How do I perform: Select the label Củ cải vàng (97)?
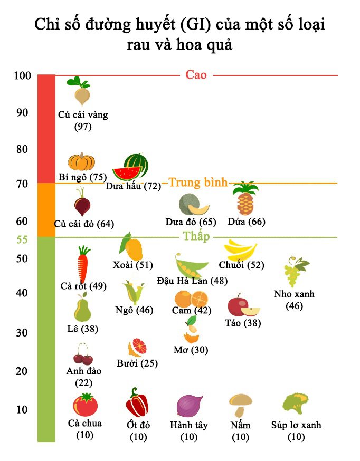click(83, 121)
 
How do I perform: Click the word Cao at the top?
click(196, 75)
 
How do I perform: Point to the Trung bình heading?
click(198, 183)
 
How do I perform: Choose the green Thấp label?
click(196, 236)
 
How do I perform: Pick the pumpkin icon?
click(81, 161)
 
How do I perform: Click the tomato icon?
click(85, 405)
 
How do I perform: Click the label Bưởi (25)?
click(137, 363)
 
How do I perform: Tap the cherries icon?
click(83, 354)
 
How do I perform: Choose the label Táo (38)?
click(243, 323)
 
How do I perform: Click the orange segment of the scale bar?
click(46, 210)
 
